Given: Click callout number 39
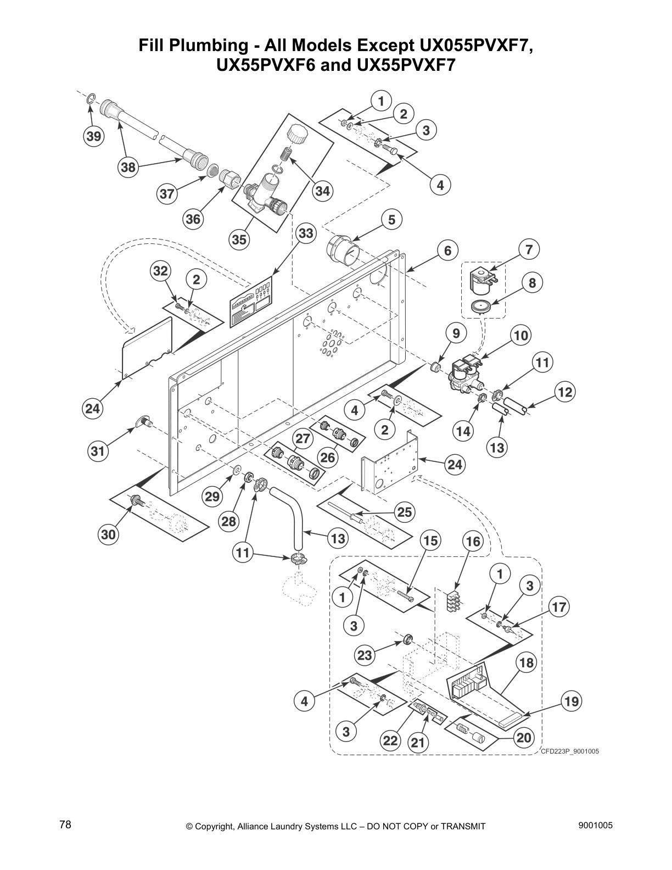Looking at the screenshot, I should coord(94,136).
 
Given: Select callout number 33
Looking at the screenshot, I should coord(306,233).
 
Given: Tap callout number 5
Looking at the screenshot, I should coord(391,220).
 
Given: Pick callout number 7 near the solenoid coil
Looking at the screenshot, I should coord(528,249).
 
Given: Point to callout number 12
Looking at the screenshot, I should coord(565,392).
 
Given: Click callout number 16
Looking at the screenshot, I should coord(473,542).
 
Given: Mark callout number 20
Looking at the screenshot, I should coord(524,737).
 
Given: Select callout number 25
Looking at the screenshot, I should coord(405,512).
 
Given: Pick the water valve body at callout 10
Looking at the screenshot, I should coord(465,375).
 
